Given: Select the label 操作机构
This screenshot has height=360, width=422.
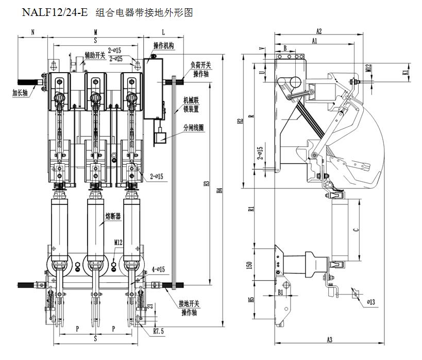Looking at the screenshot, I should click(164, 46).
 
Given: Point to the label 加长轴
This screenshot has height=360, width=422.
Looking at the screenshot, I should click(21, 93).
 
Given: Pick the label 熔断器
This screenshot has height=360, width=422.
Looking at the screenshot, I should click(113, 217).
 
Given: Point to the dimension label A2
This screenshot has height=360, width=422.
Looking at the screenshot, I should click(319, 31).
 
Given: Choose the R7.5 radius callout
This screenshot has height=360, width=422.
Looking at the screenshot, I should click(158, 332).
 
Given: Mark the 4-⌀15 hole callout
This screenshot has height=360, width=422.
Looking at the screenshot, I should click(158, 269).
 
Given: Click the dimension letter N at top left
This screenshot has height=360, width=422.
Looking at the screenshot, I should click(32, 32).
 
